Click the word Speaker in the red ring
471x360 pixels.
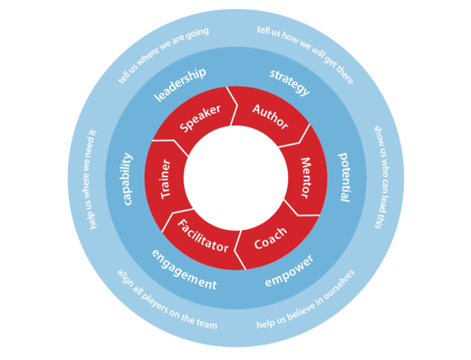(200, 118)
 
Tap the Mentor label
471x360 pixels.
(304, 178)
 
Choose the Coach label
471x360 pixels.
(270, 238)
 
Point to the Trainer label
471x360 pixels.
(165, 179)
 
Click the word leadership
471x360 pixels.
(180, 84)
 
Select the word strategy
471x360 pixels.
(289, 82)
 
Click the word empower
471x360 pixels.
(289, 271)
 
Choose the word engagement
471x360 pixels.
(184, 269)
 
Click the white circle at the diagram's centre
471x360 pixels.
(235, 178)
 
